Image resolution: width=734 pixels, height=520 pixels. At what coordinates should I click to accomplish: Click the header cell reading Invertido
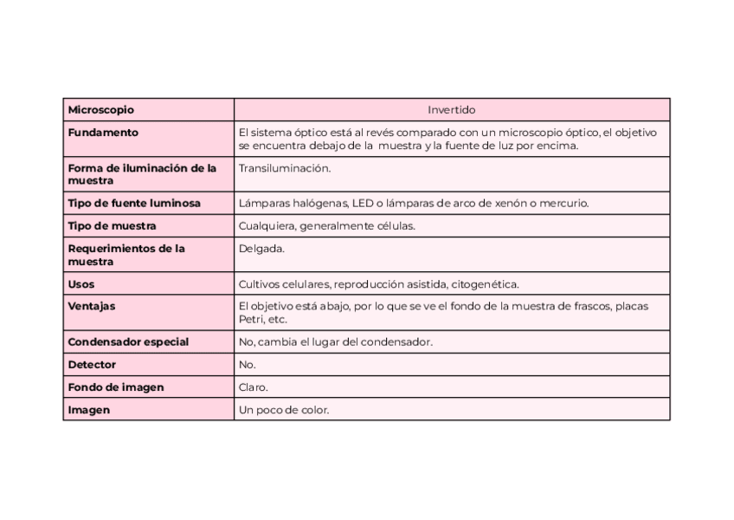tap(451, 110)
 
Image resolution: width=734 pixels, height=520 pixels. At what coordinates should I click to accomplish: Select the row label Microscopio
tap(101, 110)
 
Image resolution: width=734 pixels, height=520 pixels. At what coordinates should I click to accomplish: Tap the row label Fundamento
tap(103, 133)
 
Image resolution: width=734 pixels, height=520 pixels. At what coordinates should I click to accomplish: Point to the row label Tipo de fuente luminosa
tap(134, 203)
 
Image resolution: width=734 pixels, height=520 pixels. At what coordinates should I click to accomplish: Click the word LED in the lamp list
tap(363, 203)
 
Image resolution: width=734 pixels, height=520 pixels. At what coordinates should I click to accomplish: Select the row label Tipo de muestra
tap(112, 226)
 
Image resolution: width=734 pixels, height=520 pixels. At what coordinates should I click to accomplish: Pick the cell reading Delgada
tap(261, 249)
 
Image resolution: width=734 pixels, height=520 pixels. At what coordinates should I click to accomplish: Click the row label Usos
tap(81, 284)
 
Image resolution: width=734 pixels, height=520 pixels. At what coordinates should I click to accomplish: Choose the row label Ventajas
tap(92, 306)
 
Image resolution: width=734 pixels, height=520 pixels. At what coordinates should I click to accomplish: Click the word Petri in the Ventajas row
tap(252, 319)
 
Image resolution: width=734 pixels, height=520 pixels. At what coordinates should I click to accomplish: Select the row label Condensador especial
tap(128, 341)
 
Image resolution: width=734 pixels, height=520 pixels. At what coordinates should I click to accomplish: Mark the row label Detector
tap(92, 365)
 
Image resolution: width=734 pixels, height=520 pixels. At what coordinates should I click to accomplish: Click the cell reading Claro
tap(254, 387)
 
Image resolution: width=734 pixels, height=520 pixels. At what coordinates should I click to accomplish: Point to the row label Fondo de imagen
tap(116, 387)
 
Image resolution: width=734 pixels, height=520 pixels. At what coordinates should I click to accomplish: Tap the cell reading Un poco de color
tap(284, 410)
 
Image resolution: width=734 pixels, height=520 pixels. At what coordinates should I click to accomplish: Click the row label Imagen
tap(89, 410)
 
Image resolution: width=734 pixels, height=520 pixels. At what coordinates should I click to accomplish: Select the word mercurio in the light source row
tap(563, 203)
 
